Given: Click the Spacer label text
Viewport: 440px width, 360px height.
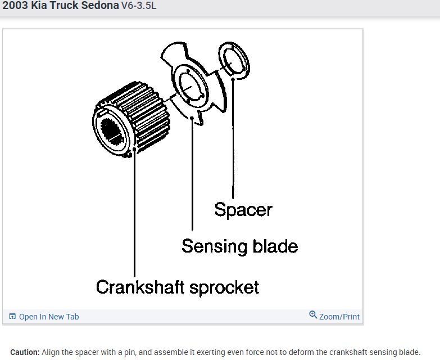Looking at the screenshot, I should [243, 210].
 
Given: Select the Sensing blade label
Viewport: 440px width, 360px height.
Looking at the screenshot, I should [239, 246].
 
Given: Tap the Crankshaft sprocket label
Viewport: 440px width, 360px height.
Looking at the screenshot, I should [178, 287].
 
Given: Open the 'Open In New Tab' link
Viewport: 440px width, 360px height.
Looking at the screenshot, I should [49, 317].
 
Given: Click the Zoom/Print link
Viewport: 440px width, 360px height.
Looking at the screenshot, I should [339, 317].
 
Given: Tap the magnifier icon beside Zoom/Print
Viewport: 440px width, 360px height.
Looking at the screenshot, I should [313, 315].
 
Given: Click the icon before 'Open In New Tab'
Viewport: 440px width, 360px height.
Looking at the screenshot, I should [12, 317].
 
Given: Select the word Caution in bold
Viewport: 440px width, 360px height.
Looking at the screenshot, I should [24, 352].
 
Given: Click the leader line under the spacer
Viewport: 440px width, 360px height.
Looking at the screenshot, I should [233, 141].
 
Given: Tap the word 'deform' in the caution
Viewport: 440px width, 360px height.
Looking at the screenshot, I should [308, 352].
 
